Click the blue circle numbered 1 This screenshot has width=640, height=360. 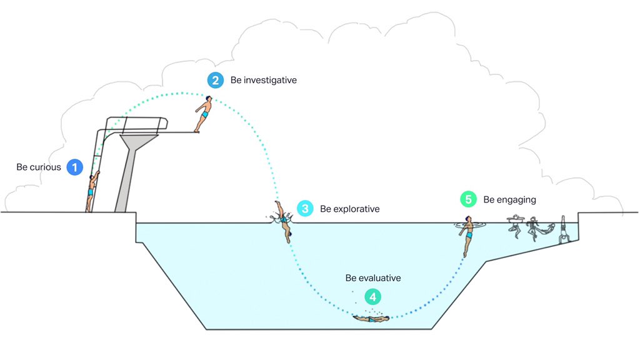click(74, 167)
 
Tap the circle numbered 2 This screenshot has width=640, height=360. click(215, 80)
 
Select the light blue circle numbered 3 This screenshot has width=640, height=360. click(305, 209)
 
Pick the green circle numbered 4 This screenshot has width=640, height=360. click(372, 296)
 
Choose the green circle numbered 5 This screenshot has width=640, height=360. click(468, 199)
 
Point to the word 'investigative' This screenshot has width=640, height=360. click(271, 80)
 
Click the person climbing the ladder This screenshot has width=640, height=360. click(92, 191)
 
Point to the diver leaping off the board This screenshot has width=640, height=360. click(204, 113)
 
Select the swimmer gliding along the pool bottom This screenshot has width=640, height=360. click(371, 319)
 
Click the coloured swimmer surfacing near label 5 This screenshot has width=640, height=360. click(466, 234)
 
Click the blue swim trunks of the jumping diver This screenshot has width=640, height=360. click(204, 115)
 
